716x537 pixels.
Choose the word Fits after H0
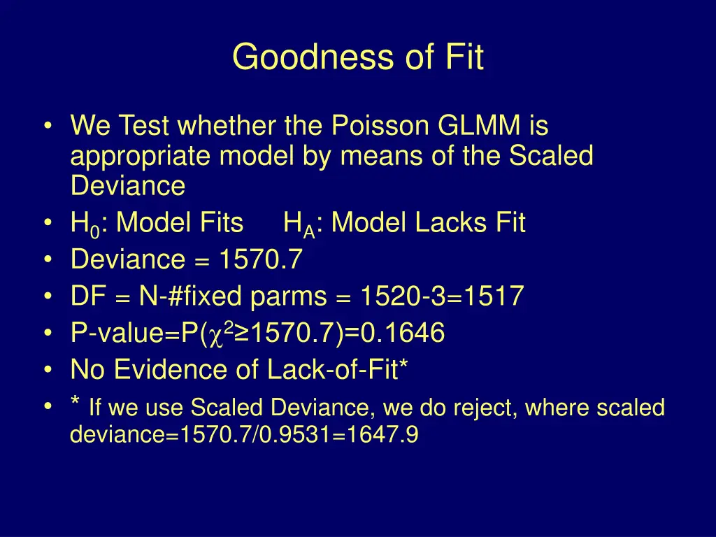click(x=217, y=224)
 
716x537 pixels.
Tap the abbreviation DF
click(x=87, y=296)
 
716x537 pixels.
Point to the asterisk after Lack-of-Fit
click(x=403, y=365)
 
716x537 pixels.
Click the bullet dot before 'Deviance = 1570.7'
click(x=48, y=260)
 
